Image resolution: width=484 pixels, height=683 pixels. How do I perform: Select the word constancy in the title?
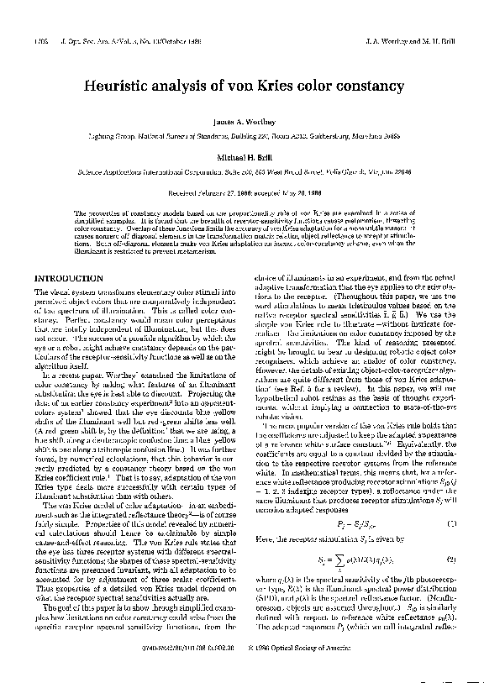[x=373, y=86]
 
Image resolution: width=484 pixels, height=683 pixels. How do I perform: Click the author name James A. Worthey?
[x=241, y=122]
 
